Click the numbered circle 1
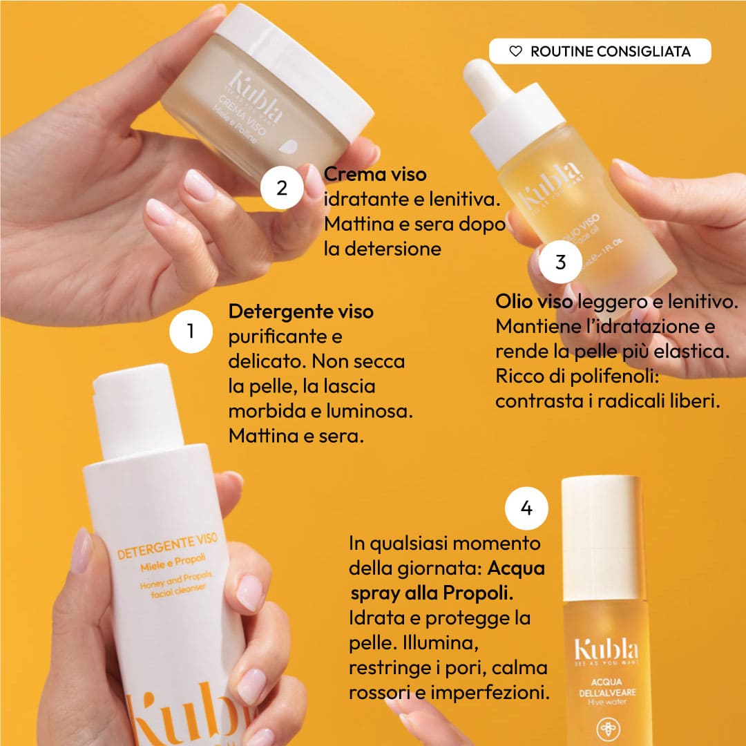tap(191, 332)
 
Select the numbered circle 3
tap(560, 262)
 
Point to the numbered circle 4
tap(526, 509)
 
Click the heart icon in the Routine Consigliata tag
tap(515, 52)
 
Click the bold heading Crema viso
tap(375, 174)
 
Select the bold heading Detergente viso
tap(300, 312)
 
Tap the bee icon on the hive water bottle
tap(607, 729)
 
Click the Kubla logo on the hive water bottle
tap(606, 650)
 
